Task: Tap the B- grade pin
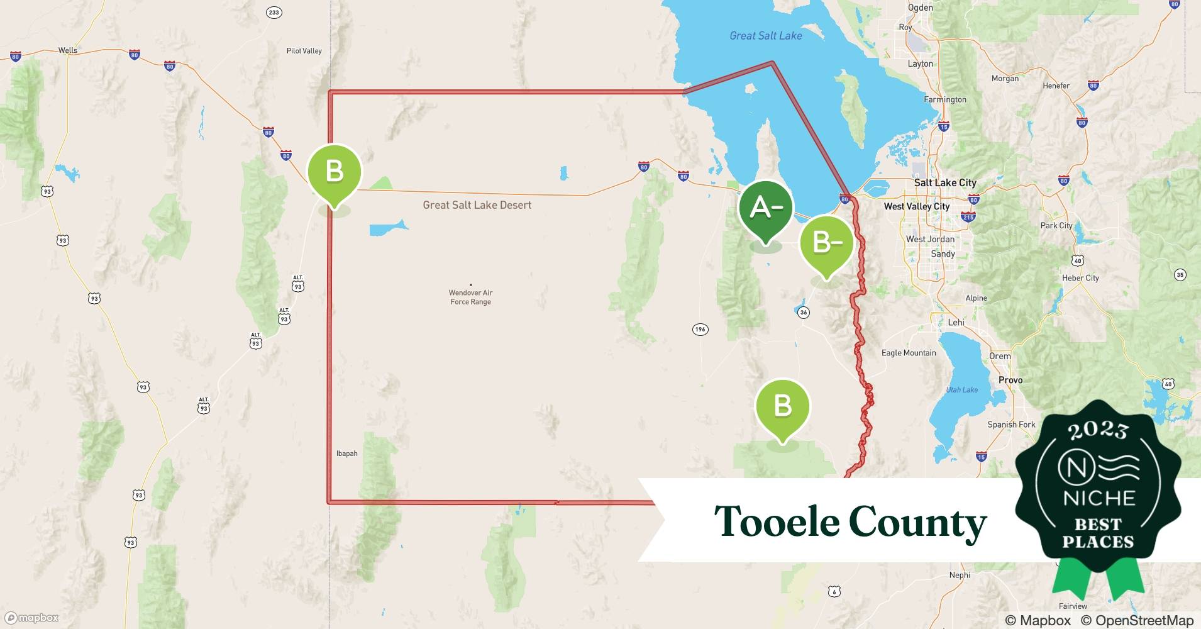(x=826, y=243)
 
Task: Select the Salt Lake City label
(x=944, y=183)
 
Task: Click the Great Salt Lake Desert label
(x=477, y=205)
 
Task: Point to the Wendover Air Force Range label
(x=470, y=297)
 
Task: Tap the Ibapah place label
(x=346, y=454)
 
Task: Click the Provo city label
(x=1010, y=380)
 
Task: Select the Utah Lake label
(x=961, y=390)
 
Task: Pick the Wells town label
(x=67, y=50)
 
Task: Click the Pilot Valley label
(x=304, y=51)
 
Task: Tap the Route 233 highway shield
(x=274, y=13)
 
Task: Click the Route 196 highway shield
(x=700, y=329)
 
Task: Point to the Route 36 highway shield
(x=803, y=312)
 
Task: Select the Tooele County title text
(x=850, y=522)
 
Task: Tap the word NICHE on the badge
(x=1099, y=498)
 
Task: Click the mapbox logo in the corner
(x=32, y=618)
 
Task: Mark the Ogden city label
(x=920, y=8)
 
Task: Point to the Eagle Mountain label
(x=908, y=353)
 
